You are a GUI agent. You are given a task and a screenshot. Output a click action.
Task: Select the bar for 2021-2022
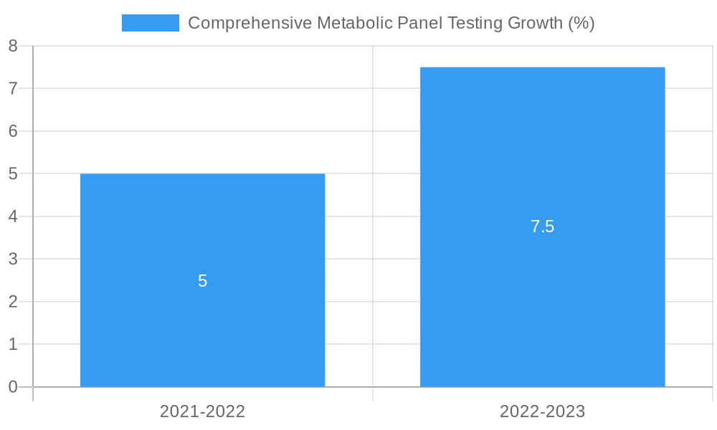pyautogui.click(x=202, y=322)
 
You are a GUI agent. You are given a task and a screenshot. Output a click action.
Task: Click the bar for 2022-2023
pyautogui.click(x=542, y=301)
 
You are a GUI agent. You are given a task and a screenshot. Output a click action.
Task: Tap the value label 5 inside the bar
pyautogui.click(x=202, y=281)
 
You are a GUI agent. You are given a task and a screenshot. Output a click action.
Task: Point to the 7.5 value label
pyautogui.click(x=542, y=226)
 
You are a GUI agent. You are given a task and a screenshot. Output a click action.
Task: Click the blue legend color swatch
pyautogui.click(x=151, y=23)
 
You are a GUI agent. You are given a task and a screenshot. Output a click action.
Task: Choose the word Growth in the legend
pyautogui.click(x=535, y=23)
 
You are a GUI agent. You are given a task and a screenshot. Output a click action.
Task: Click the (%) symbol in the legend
pyautogui.click(x=581, y=23)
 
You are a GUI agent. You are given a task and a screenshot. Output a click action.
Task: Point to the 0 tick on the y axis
pyautogui.click(x=13, y=387)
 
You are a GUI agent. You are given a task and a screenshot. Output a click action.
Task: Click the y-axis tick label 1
pyautogui.click(x=13, y=344)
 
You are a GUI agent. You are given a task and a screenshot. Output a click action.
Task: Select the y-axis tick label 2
pyautogui.click(x=13, y=302)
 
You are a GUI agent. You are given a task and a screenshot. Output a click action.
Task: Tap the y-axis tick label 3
pyautogui.click(x=13, y=259)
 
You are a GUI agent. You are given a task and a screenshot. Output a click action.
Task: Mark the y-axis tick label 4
pyautogui.click(x=13, y=216)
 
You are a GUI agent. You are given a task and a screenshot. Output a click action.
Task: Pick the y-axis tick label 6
pyautogui.click(x=13, y=131)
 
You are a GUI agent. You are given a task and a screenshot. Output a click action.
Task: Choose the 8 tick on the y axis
pyautogui.click(x=13, y=46)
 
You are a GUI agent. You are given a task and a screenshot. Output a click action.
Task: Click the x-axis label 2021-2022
pyautogui.click(x=202, y=411)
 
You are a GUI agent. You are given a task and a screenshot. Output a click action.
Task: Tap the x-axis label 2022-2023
pyautogui.click(x=542, y=411)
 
